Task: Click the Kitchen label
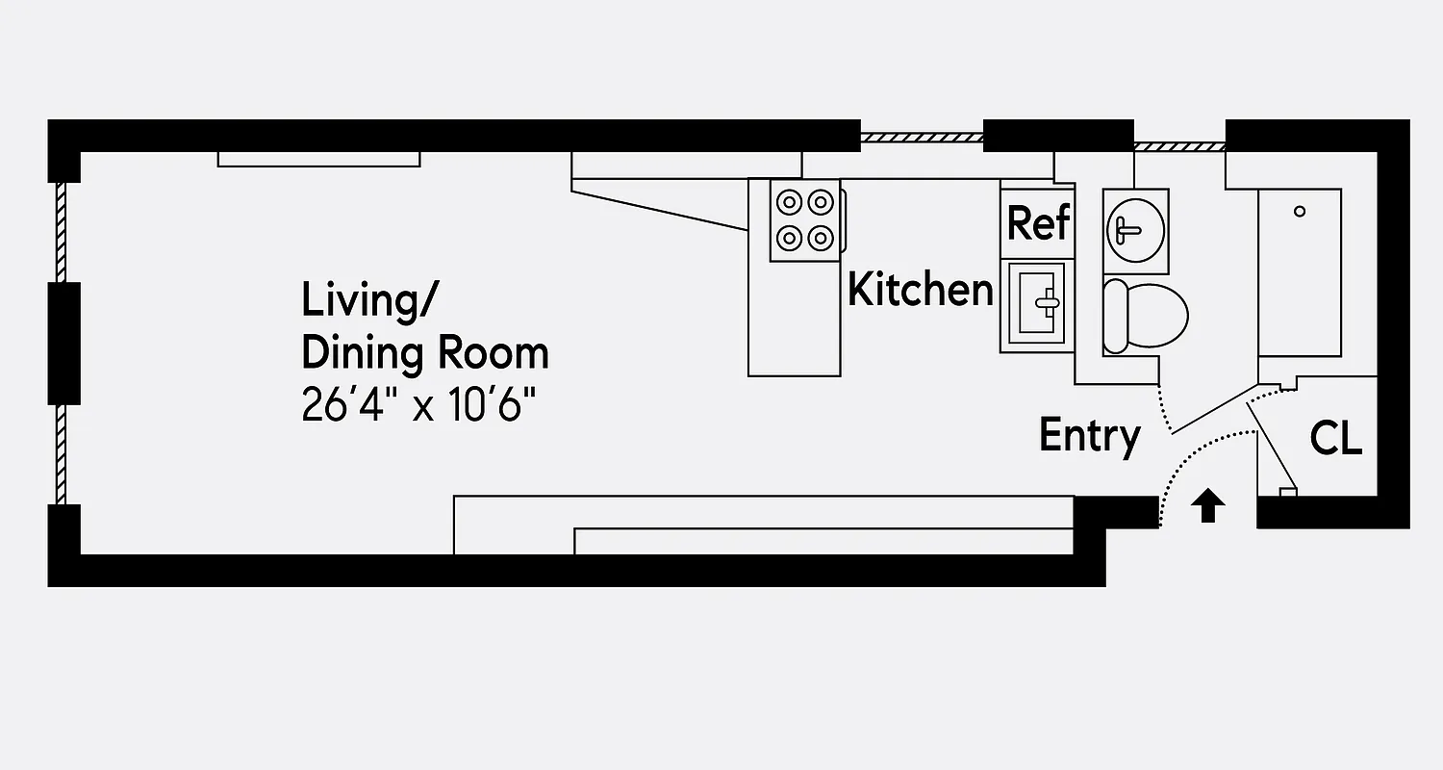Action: click(920, 290)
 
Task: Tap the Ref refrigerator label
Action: click(1038, 222)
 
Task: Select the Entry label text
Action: click(1090, 436)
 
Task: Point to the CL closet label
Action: click(1335, 439)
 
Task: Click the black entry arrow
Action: click(1209, 506)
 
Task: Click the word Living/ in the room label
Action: click(367, 299)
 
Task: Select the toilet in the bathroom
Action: click(1145, 316)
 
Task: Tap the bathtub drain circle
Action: click(1300, 212)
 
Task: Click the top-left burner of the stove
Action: click(790, 202)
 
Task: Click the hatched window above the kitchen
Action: click(921, 138)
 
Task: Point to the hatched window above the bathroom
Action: click(1179, 146)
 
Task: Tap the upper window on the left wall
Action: click(61, 231)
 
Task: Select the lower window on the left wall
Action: click(61, 453)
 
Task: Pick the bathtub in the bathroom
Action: click(1300, 272)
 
